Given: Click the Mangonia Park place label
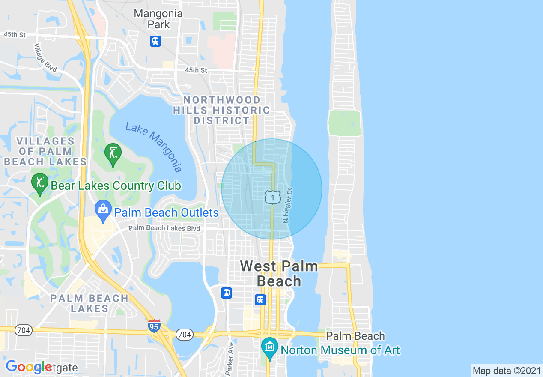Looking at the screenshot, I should click(158, 19).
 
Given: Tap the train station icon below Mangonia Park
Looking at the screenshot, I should click(155, 41).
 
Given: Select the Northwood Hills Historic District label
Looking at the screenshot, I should click(221, 110).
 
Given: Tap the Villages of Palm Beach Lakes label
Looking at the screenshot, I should click(45, 151).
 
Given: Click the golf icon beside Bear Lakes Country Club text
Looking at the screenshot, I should click(40, 183).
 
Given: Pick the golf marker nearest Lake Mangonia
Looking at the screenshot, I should click(113, 153).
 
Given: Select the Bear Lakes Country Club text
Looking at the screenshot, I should click(116, 186).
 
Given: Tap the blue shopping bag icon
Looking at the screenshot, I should click(103, 210).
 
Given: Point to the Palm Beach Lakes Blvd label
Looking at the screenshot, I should click(164, 228).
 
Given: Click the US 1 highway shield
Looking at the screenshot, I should click(272, 197).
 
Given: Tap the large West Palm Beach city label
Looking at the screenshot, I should click(279, 273).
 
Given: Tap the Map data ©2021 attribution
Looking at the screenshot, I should click(507, 371).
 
